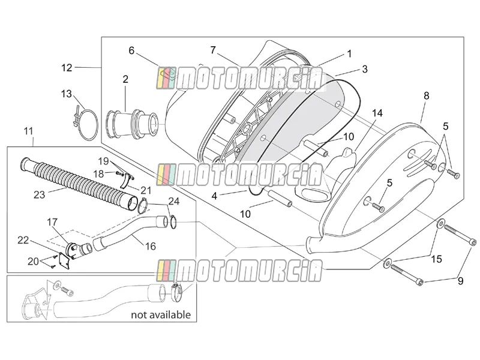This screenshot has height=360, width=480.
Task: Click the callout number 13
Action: click(x=67, y=94)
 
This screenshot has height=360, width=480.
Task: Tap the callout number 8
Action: click(x=427, y=96)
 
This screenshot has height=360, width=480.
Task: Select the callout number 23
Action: click(x=39, y=195)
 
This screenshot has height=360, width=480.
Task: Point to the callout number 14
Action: click(x=377, y=113)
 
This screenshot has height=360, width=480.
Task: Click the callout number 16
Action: click(x=151, y=246)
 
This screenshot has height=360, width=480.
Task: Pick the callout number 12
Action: click(x=67, y=68)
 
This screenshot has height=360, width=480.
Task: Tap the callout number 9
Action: click(x=460, y=281)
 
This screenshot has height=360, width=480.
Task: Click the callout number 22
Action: click(x=23, y=241)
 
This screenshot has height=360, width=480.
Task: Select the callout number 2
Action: click(x=125, y=79)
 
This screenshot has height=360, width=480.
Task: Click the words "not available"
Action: click(x=161, y=314)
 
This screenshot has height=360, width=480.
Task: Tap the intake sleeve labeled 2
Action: click(x=132, y=122)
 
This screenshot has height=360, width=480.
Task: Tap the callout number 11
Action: click(x=28, y=131)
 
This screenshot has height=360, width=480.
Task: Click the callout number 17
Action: click(x=52, y=222)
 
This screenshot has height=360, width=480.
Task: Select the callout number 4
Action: click(x=214, y=196)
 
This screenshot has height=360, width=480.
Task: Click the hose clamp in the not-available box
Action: click(x=178, y=292)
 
